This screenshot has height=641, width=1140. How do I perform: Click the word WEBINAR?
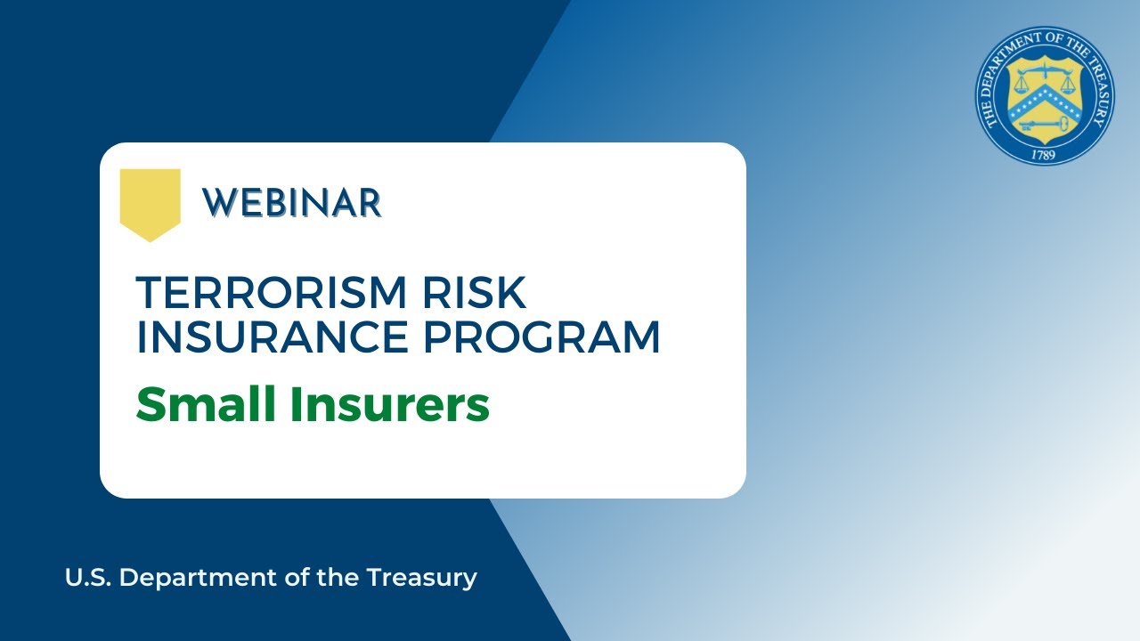tap(292, 204)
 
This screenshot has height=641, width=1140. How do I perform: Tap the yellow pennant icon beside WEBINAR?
tap(150, 203)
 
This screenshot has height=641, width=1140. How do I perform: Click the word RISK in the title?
tap(484, 293)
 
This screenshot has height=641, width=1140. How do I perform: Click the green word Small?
tap(206, 404)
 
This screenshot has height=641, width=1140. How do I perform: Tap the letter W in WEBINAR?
tap(216, 204)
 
